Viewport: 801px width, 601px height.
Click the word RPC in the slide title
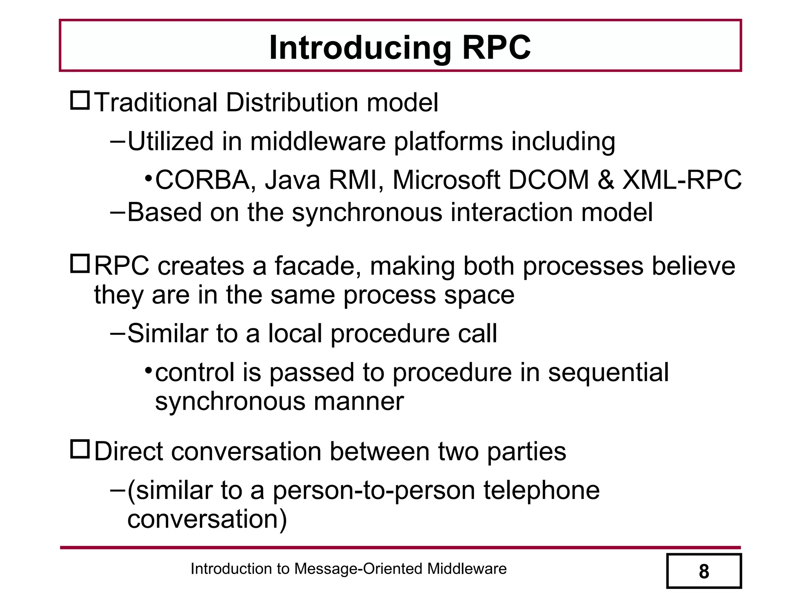pyautogui.click(x=496, y=48)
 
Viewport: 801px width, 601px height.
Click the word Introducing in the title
pyautogui.click(x=360, y=48)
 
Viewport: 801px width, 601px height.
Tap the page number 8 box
pyautogui.click(x=704, y=571)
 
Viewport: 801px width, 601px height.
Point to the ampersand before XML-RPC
pyautogui.click(x=605, y=180)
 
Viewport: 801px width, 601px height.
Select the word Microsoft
pyautogui.click(x=446, y=180)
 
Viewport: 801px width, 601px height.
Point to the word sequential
pyautogui.click(x=608, y=372)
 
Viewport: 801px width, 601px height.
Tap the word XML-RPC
pyautogui.click(x=681, y=180)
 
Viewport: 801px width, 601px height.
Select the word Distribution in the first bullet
pyautogui.click(x=291, y=103)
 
